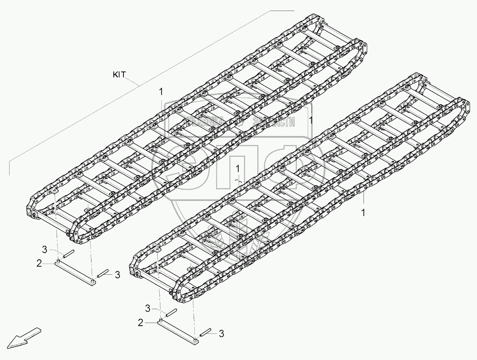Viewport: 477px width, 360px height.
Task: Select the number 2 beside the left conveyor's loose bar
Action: [x=39, y=263]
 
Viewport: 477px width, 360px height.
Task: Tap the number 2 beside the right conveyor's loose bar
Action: [x=140, y=323]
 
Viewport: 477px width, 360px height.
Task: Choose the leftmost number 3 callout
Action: [x=45, y=250]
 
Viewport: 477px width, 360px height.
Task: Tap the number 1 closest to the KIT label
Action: [x=161, y=92]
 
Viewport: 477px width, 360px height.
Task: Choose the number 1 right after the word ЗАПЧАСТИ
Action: [x=310, y=120]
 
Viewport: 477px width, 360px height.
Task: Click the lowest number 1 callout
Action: [x=364, y=213]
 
